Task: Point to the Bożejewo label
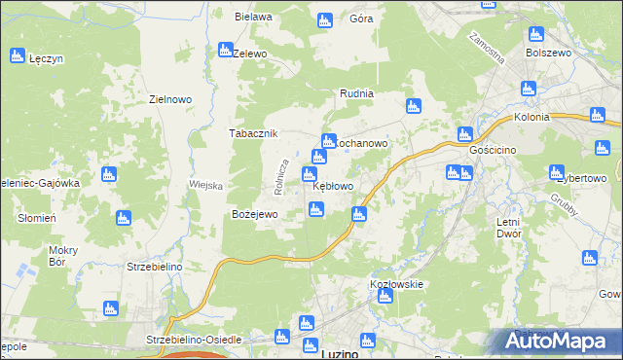255,214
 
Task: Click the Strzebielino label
156,265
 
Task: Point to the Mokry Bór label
63,256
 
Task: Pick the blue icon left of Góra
325,19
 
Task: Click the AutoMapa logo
558,341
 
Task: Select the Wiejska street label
206,185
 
